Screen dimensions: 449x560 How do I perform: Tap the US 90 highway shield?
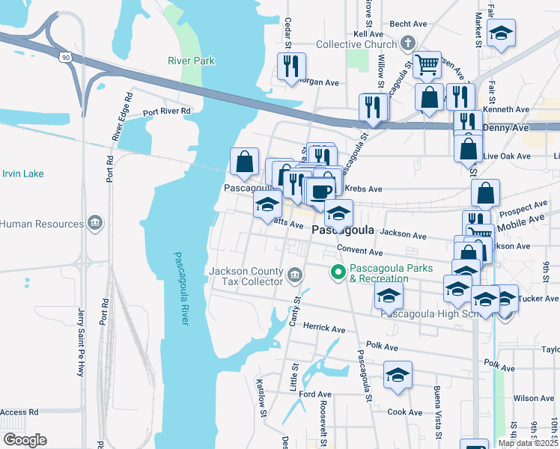pyautogui.click(x=67, y=57)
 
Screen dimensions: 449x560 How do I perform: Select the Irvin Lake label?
pyautogui.click(x=22, y=174)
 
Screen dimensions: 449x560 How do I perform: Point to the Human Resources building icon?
pyautogui.click(x=95, y=224)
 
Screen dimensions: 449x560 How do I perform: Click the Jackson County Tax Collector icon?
pyautogui.click(x=296, y=277)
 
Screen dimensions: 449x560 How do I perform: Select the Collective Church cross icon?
pyautogui.click(x=408, y=43)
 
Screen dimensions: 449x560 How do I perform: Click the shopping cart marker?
pyautogui.click(x=427, y=65)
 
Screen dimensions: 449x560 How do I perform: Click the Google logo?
pyautogui.click(x=25, y=440)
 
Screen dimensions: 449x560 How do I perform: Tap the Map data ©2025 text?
pyautogui.click(x=528, y=443)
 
